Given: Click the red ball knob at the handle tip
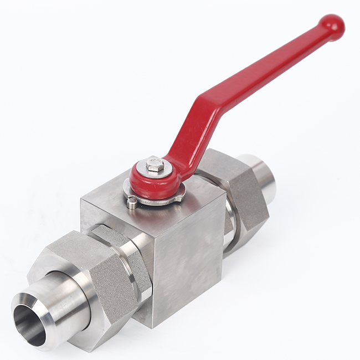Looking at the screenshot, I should pos(332,27).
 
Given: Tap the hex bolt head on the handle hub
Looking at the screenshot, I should pos(154,164).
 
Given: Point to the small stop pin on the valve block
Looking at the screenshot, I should pos(131,203).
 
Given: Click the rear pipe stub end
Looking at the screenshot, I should pos(264,172).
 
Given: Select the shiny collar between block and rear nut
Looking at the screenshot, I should pos(229,222).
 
